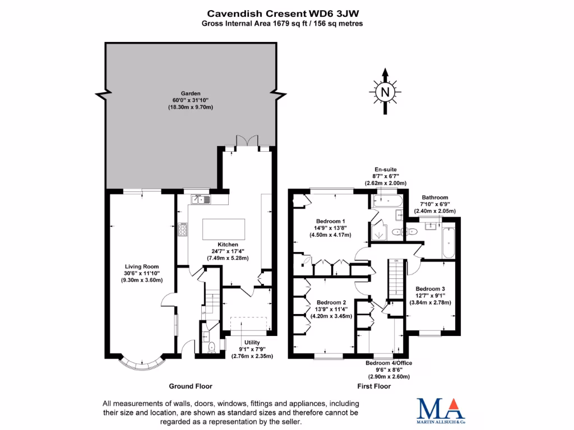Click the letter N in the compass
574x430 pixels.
click(x=385, y=92)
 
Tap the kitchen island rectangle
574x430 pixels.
click(x=223, y=230)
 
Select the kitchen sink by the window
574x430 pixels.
click(x=200, y=198)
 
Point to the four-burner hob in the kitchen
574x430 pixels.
click(x=183, y=229)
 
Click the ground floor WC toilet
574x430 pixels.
click(x=211, y=348)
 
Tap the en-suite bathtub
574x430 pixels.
click(x=386, y=201)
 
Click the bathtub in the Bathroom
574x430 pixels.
click(x=448, y=242)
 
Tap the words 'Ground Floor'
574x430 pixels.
click(x=191, y=386)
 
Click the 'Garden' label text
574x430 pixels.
click(x=191, y=94)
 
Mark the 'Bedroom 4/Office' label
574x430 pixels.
click(x=388, y=363)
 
